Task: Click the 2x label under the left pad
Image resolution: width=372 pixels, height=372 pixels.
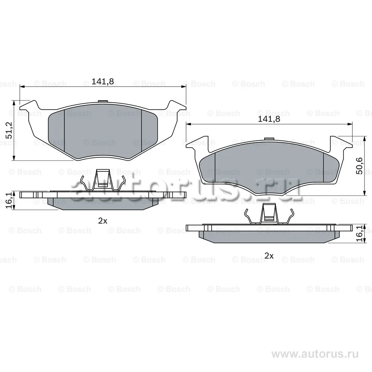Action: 103,221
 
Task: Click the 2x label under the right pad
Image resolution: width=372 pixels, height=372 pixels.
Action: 269,256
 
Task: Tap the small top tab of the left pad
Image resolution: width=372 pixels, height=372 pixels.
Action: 103,101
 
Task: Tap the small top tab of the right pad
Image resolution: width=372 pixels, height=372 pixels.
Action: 269,139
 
